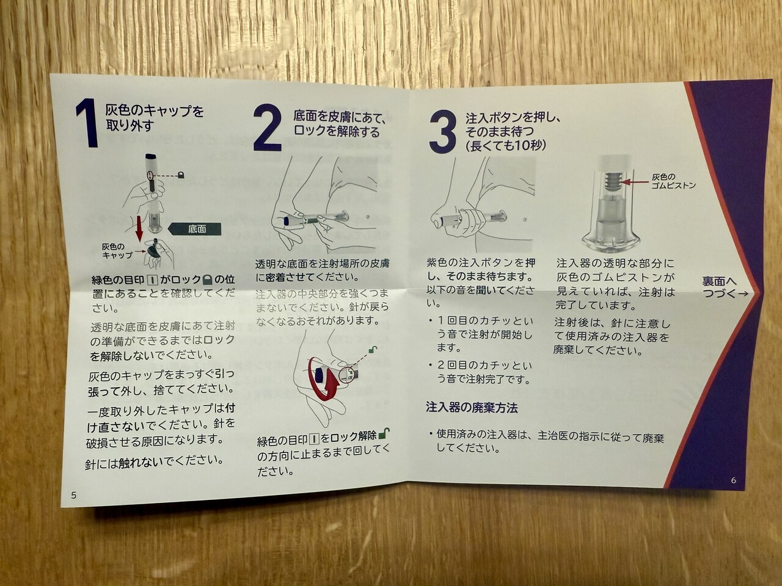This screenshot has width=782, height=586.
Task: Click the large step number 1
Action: tap(87, 123)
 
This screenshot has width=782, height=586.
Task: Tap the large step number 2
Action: tap(267, 128)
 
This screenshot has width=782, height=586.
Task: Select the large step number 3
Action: tap(442, 132)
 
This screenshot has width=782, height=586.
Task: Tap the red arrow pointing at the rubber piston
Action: tap(635, 182)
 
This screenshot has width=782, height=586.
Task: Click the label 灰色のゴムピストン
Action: tap(673, 181)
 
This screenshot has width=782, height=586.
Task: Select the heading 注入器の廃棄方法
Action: tap(472, 407)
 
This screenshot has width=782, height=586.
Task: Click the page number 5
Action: tap(74, 495)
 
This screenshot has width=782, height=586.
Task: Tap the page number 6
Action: tap(734, 480)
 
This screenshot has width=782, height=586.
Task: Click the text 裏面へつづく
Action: tap(725, 287)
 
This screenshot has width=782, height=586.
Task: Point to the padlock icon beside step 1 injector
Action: tap(181, 175)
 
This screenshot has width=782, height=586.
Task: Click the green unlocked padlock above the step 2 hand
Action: tap(372, 350)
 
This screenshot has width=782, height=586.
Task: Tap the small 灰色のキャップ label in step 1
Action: tap(117, 251)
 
